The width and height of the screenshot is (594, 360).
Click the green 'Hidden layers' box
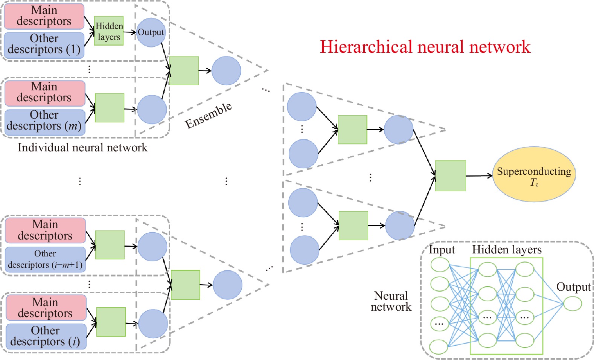coord(109,31)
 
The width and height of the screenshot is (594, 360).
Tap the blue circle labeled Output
coord(151,32)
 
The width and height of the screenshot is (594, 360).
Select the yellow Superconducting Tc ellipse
coord(534,174)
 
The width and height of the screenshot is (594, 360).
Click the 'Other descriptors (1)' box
coord(44,44)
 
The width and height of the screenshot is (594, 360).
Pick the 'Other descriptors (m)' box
coord(44,121)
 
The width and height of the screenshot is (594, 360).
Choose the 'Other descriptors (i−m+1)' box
coord(45,259)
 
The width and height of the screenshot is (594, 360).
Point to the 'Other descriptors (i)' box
coord(46,336)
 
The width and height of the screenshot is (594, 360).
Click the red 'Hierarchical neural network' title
coord(425,47)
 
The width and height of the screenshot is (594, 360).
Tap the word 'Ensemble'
coord(209,115)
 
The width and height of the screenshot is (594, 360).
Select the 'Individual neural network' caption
coord(83,148)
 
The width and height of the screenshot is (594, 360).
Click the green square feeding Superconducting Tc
coord(450,176)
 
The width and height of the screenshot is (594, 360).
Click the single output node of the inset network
coord(573,304)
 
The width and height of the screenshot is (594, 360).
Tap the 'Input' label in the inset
coord(442,250)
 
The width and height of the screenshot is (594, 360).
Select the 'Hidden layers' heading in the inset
coord(507,250)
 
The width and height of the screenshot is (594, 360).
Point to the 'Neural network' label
coord(391,301)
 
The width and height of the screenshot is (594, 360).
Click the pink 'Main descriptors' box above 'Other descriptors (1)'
coord(44,16)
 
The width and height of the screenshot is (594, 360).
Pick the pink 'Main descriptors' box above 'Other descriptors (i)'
coord(46,308)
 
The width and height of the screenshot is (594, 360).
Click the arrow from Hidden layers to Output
coord(129,32)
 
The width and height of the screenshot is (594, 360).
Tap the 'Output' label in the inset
coord(573,287)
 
